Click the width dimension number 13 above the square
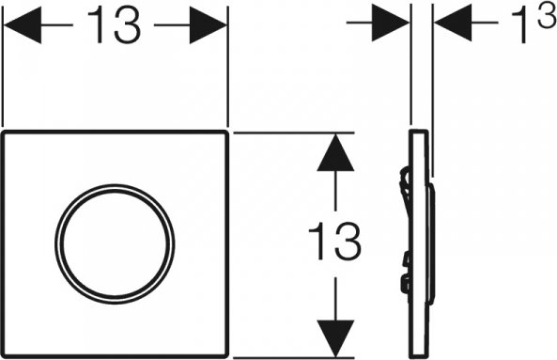tap(114, 24)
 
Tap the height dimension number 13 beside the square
tap(334, 241)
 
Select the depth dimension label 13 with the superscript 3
tap(534, 23)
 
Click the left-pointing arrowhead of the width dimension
tap(22, 24)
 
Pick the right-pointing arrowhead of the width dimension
tap(209, 25)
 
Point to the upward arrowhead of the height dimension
tap(335, 152)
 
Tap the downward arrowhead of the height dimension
tap(335, 338)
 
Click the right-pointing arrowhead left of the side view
tap(391, 23)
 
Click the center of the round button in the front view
tap(115, 244)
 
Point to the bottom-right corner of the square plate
tap(226, 355)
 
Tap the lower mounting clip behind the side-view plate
tap(405, 283)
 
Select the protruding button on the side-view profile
tap(432, 244)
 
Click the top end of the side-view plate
tap(419, 131)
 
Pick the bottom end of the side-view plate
tap(419, 356)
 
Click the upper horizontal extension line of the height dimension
tap(293, 133)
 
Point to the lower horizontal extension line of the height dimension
tap(293, 357)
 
